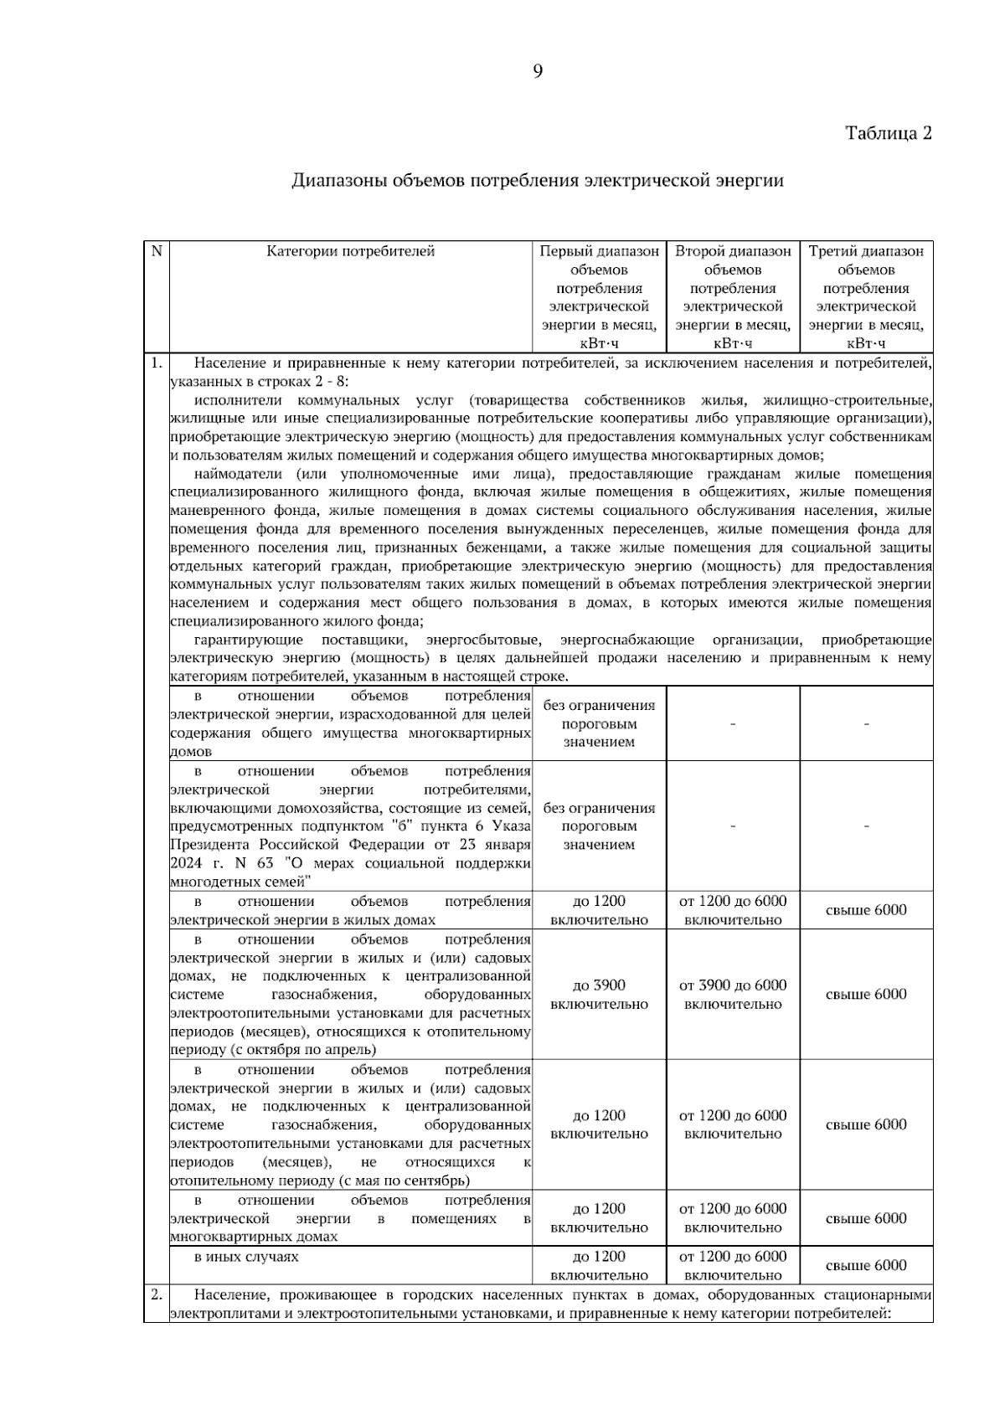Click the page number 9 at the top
pos(538,72)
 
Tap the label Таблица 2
pos(888,133)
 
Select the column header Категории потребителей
pos(351,251)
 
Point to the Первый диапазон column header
pos(599,296)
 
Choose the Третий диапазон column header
pos(866,296)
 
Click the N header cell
pos(156,251)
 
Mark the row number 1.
pos(155,363)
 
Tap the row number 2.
pos(156,1295)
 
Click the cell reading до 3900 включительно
pos(599,995)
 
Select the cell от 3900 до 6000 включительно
pos(733,995)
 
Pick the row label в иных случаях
pos(246,1257)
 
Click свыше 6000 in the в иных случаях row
pos(866,1266)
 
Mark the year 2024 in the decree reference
pos(186,862)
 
